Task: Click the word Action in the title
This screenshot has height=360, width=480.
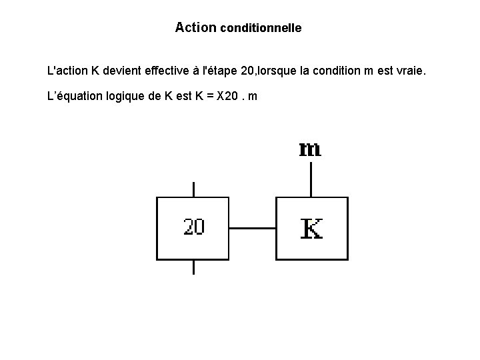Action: [195, 27]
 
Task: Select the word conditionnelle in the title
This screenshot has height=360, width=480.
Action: [261, 28]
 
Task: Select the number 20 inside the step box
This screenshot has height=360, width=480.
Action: [194, 227]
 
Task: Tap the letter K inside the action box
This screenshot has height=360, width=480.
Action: [312, 228]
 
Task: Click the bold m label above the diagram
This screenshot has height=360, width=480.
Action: [310, 149]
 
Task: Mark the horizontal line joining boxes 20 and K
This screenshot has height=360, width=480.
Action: [252, 228]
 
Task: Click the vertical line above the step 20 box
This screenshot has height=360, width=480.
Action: [193, 189]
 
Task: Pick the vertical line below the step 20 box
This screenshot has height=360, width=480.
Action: [193, 267]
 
